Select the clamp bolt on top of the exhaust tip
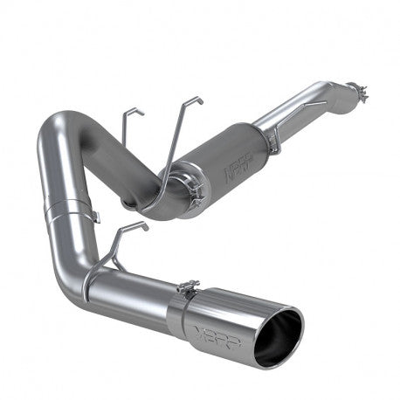pos(187,285)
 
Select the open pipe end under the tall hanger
pos(132,203)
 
